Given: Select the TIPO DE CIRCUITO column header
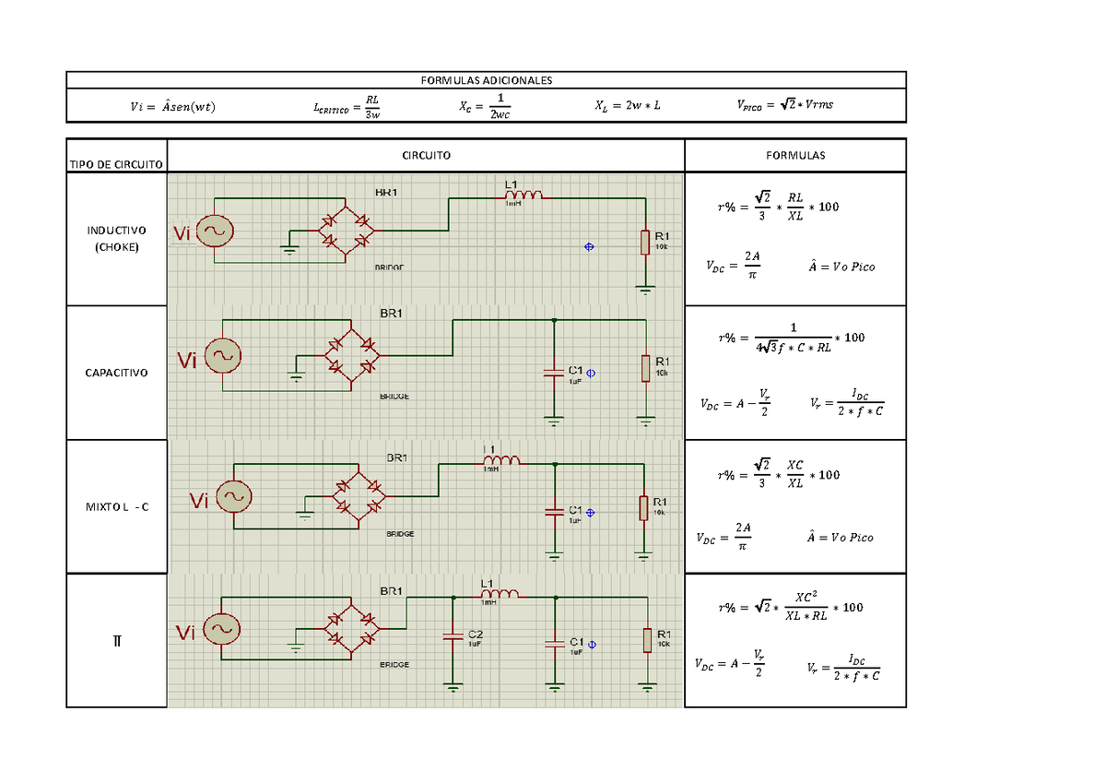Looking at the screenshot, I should pos(116,164).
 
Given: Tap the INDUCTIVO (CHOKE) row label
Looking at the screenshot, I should pos(116,238).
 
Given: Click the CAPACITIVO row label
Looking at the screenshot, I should pos(116,373).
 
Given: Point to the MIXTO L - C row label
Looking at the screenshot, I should pos(116,507).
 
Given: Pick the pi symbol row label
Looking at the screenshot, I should pos(116,640).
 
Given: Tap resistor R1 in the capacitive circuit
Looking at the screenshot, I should pos(648,367).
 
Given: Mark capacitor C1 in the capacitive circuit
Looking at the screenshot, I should pos(553,373).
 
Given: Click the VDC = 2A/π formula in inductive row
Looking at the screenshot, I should pos(727,267).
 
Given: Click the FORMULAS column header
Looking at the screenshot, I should pos(794,155).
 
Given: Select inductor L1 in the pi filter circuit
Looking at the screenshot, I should pos(500,593).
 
